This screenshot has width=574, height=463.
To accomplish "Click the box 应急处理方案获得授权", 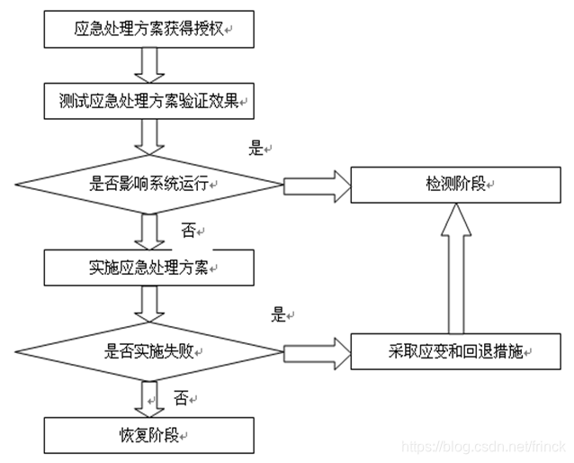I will coord(148,30).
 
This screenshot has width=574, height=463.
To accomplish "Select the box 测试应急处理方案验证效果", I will coord(148,100).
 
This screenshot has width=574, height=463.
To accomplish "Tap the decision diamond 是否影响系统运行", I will coord(148,184).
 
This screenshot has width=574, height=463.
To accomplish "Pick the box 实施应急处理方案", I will coord(148,266).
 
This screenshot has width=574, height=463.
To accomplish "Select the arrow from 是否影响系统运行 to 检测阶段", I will coord(316,184).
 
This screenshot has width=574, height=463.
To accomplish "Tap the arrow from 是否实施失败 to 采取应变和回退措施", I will coord(316,351).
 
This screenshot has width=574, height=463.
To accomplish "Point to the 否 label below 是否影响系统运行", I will coord(189,231).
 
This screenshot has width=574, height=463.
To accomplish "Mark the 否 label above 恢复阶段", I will coord(181,397).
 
